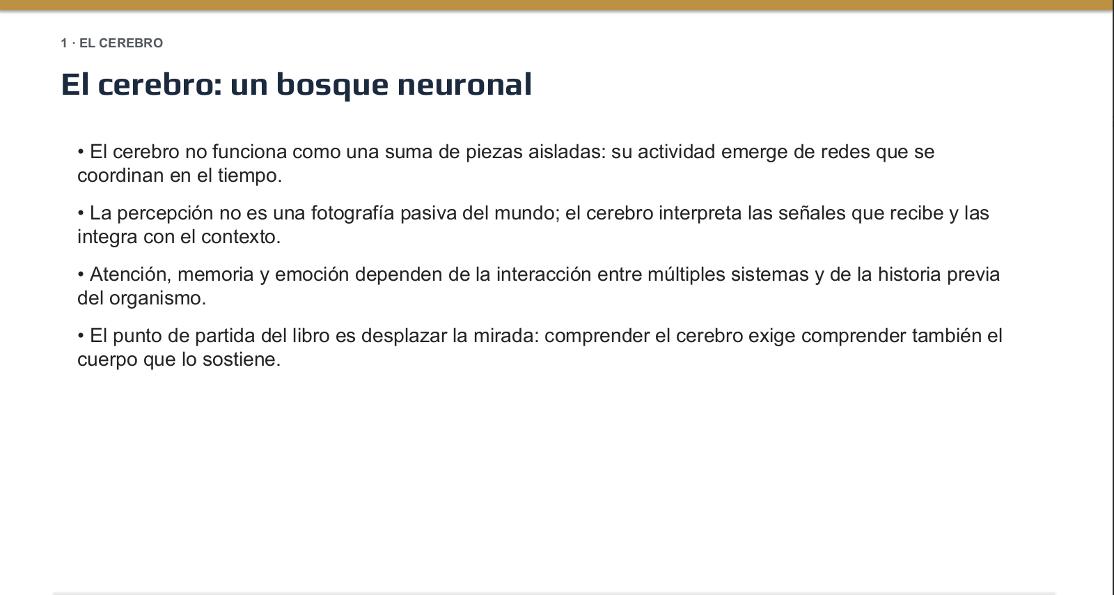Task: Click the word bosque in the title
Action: pos(332,85)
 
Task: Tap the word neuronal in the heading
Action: pos(464,84)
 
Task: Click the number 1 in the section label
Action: pos(63,43)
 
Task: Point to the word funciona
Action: pos(250,152)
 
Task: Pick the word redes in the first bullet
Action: pos(845,152)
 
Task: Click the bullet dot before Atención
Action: pos(81,275)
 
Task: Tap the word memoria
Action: pos(215,275)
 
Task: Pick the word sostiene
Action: pos(242,360)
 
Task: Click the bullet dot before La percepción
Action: pos(81,213)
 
